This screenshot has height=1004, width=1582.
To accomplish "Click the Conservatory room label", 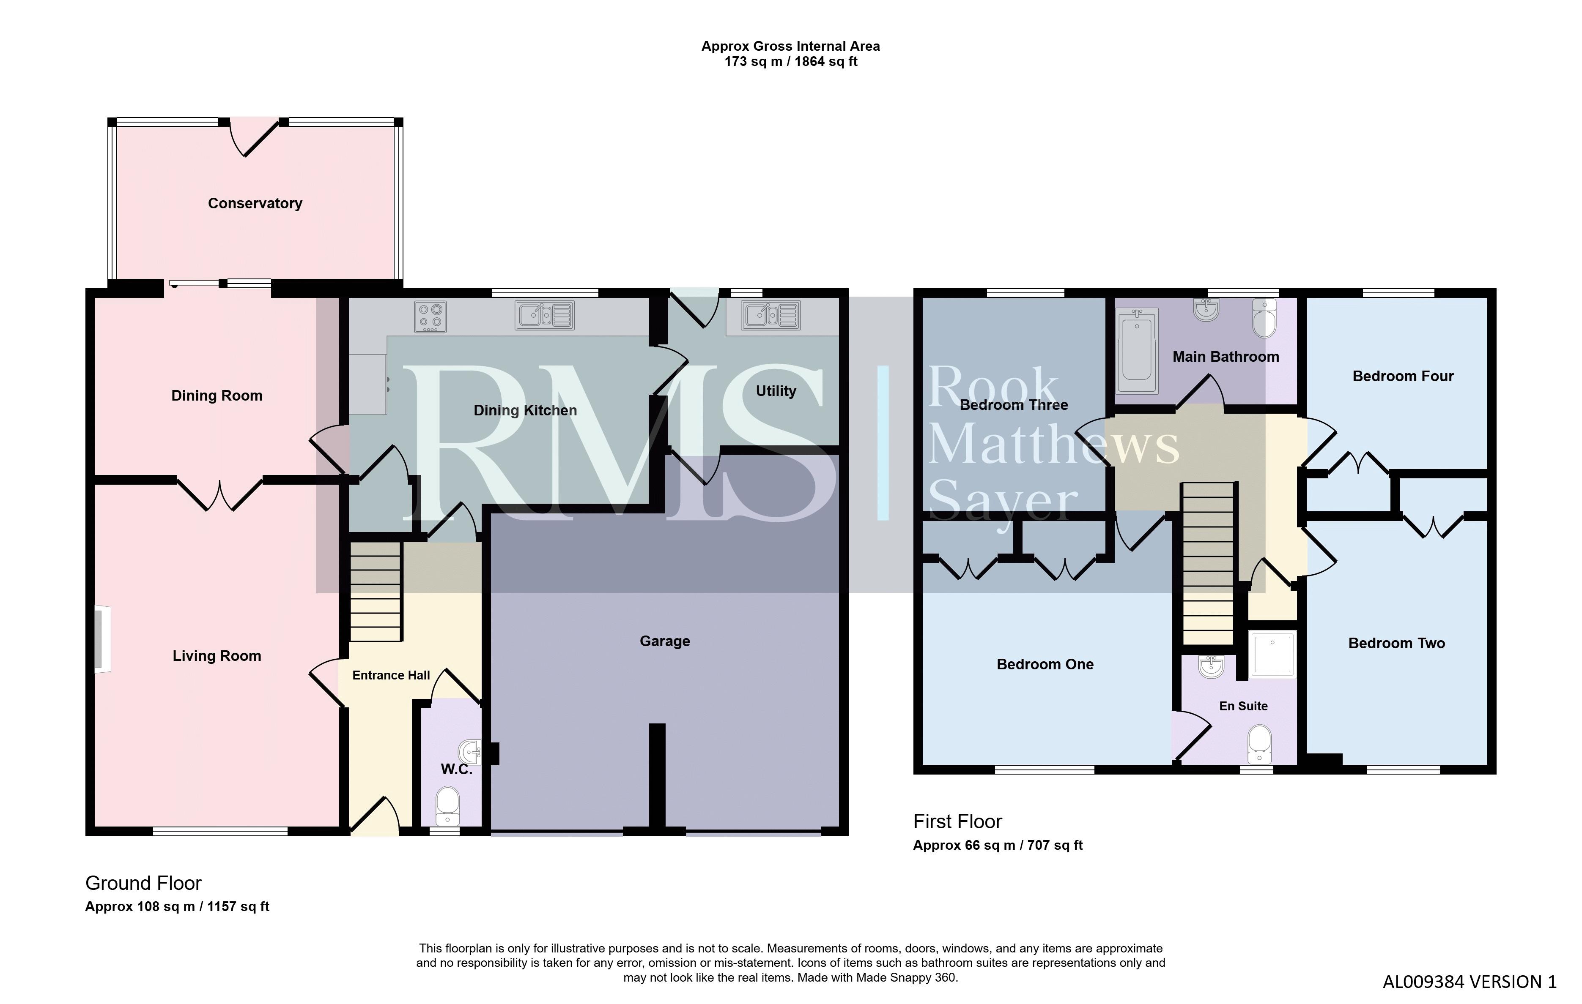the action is (x=255, y=204).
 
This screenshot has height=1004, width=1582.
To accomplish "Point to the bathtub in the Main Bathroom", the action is (x=1137, y=351).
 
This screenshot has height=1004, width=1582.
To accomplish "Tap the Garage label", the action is (x=665, y=641).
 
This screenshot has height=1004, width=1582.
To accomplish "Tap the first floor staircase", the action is (x=1207, y=563).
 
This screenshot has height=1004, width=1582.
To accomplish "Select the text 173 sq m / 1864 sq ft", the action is (x=791, y=62).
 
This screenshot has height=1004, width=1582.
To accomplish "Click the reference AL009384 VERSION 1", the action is (x=1470, y=982).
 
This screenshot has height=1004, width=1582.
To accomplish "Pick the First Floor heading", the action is (x=957, y=821).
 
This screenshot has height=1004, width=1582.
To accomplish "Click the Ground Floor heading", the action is (x=143, y=883).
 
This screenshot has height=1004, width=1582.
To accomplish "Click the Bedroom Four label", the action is (x=1403, y=376).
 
